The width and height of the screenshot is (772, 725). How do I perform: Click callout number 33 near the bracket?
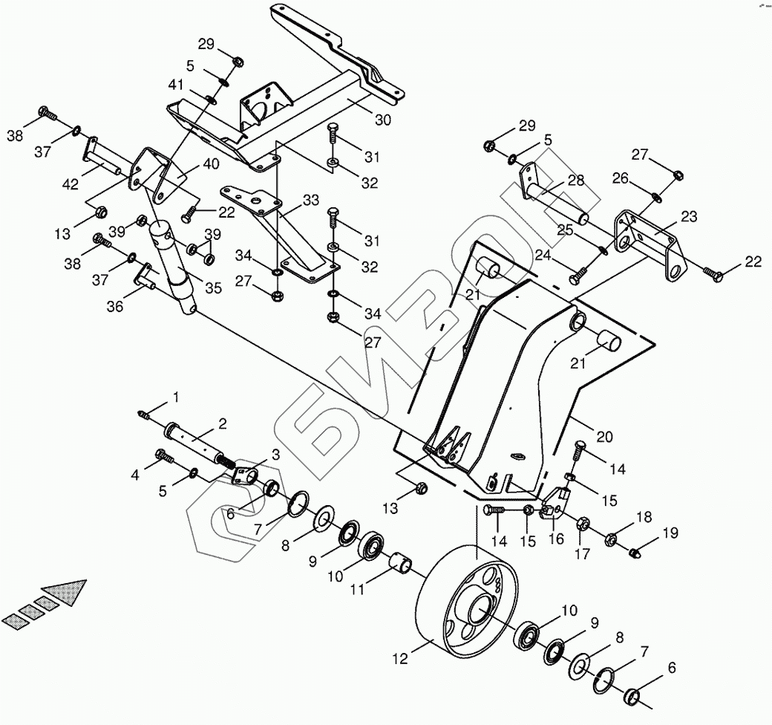[311, 200]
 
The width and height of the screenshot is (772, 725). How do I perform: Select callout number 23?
[689, 217]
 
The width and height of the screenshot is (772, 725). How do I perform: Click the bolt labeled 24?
[578, 278]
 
